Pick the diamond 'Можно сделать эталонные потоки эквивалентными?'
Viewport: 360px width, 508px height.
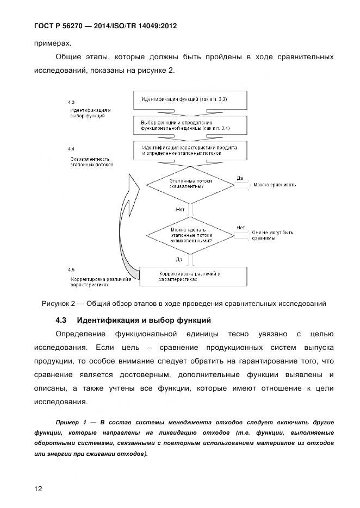pos(191,235)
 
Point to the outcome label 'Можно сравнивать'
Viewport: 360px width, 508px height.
pos(274,185)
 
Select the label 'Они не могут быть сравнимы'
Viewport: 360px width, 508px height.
pos(272,235)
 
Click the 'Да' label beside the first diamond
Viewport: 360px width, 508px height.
pos(240,177)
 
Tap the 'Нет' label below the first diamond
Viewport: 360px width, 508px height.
pos(179,209)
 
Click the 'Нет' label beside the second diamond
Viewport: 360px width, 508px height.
pos(240,227)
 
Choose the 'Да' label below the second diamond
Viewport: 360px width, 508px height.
pos(179,259)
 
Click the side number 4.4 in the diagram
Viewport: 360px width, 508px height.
pos(71,148)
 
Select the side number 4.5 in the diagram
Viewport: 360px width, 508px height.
pos(71,269)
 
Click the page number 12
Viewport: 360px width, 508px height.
pos(39,488)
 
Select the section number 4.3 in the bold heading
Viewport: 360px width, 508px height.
pos(61,319)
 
